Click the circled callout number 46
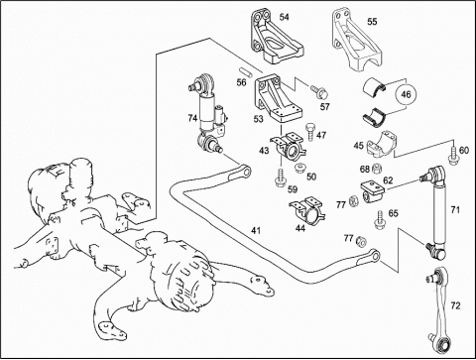406,94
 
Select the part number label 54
284,17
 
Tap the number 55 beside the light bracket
372,22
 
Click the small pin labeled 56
246,72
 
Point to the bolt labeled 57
318,91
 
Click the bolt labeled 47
309,132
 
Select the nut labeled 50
300,168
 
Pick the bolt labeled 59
280,179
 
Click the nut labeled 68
376,169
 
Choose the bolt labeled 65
380,219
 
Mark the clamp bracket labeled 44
306,211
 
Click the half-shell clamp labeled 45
381,145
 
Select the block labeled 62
372,191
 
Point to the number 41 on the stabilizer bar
256,230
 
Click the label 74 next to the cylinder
192,118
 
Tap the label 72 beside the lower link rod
455,305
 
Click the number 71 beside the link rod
455,209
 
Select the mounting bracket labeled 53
278,98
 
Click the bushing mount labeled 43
289,147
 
